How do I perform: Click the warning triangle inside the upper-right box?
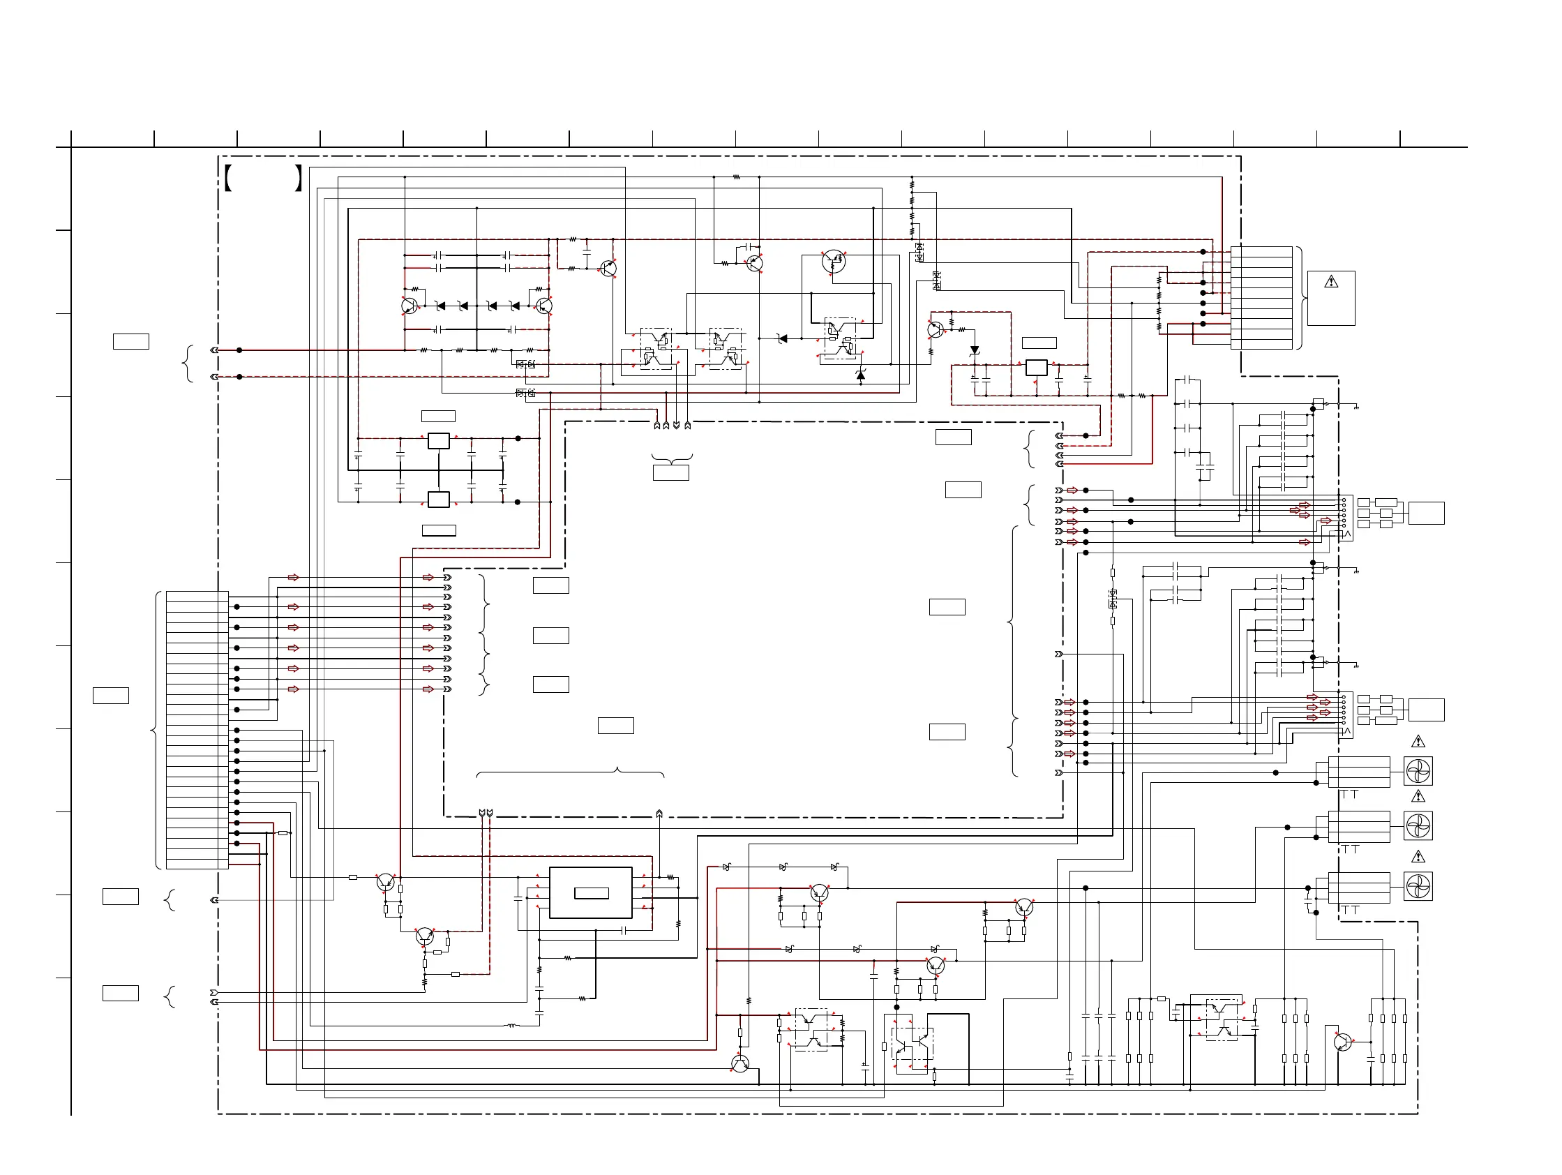pyautogui.click(x=1331, y=282)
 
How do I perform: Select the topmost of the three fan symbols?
pyautogui.click(x=1418, y=771)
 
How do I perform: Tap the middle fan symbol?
pyautogui.click(x=1418, y=825)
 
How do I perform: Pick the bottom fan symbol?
pyautogui.click(x=1418, y=886)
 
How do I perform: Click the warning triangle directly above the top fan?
pyautogui.click(x=1418, y=742)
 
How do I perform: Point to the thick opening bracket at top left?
pyautogui.click(x=228, y=178)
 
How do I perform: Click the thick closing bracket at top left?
pyautogui.click(x=299, y=178)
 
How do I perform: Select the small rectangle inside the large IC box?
pyautogui.click(x=591, y=893)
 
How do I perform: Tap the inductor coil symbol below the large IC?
pyautogui.click(x=513, y=1025)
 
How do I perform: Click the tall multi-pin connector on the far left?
pyautogui.click(x=197, y=729)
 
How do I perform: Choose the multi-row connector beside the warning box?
pyautogui.click(x=1261, y=297)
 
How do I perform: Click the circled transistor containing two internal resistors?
pyautogui.click(x=834, y=261)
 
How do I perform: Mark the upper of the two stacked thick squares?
pyautogui.click(x=439, y=441)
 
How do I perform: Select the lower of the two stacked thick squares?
pyautogui.click(x=439, y=499)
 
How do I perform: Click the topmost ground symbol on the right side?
pyautogui.click(x=1356, y=407)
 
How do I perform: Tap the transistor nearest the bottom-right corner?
pyautogui.click(x=1342, y=1042)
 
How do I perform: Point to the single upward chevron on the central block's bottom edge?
pyautogui.click(x=659, y=814)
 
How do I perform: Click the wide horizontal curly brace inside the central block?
pyautogui.click(x=570, y=772)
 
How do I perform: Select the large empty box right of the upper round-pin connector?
pyautogui.click(x=1426, y=513)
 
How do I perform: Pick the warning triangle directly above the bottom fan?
pyautogui.click(x=1418, y=857)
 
